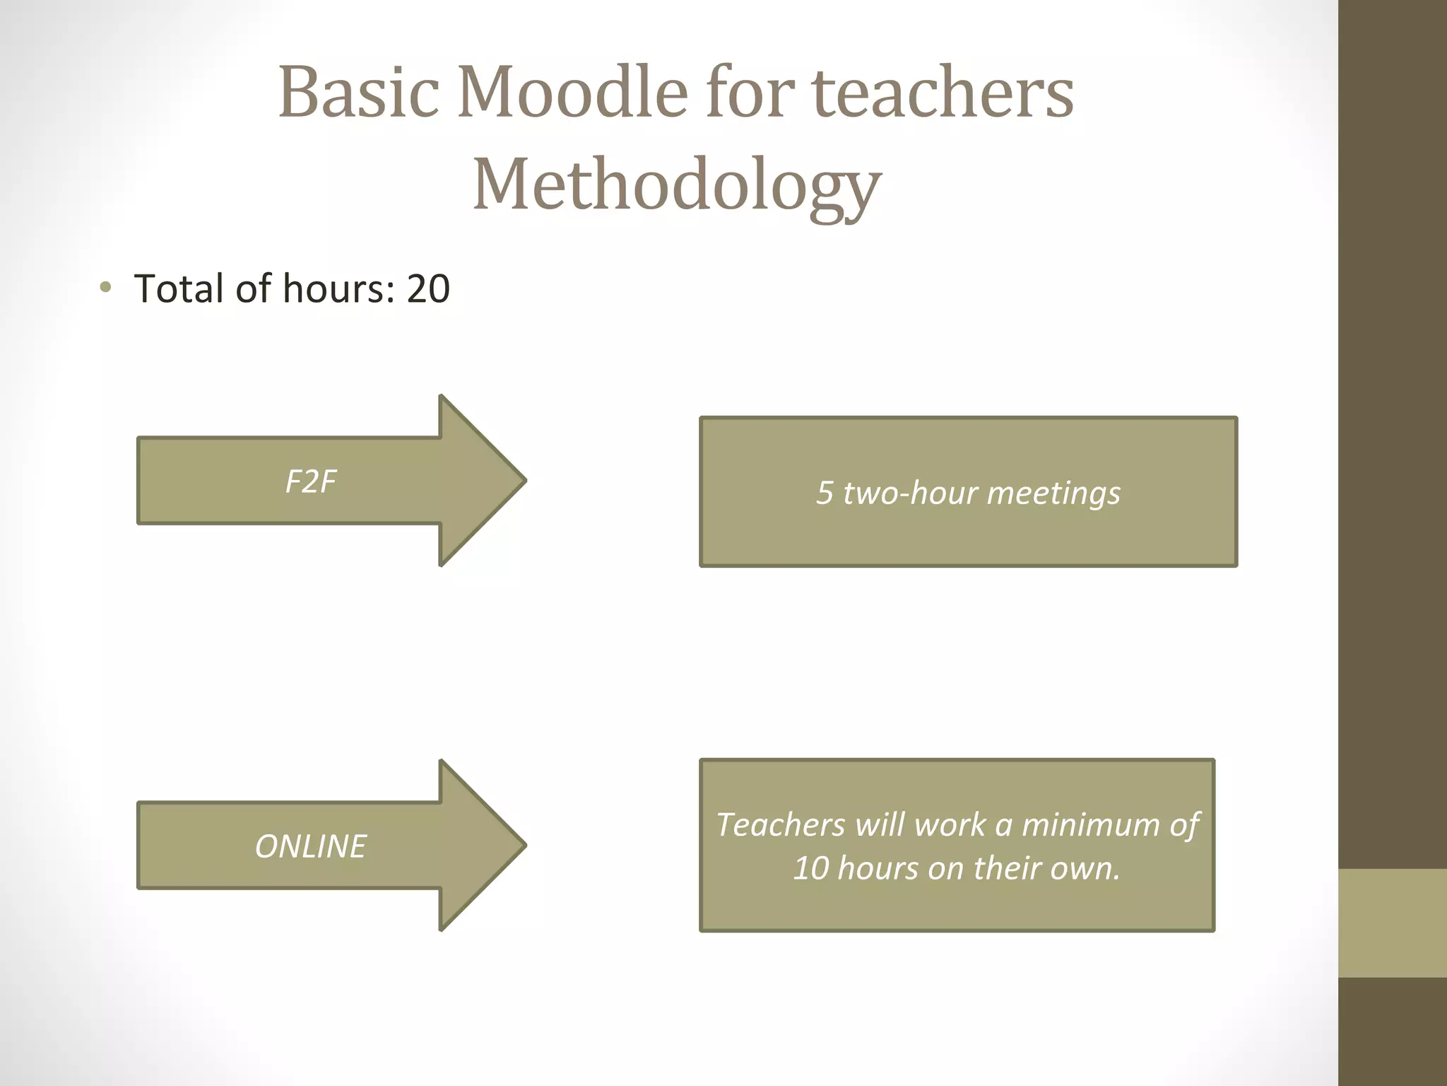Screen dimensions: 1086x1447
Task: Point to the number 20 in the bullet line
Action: [x=428, y=288]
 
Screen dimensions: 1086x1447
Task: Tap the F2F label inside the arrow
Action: [x=310, y=482]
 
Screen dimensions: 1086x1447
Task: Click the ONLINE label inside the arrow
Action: [x=310, y=846]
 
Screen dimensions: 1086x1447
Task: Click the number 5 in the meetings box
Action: [x=824, y=493]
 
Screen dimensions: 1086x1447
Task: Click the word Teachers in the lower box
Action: [x=780, y=825]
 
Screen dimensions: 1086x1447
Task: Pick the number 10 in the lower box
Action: [x=810, y=868]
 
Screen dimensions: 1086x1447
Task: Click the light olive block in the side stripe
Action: [x=1392, y=923]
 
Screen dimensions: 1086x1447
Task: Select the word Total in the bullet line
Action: [x=179, y=288]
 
